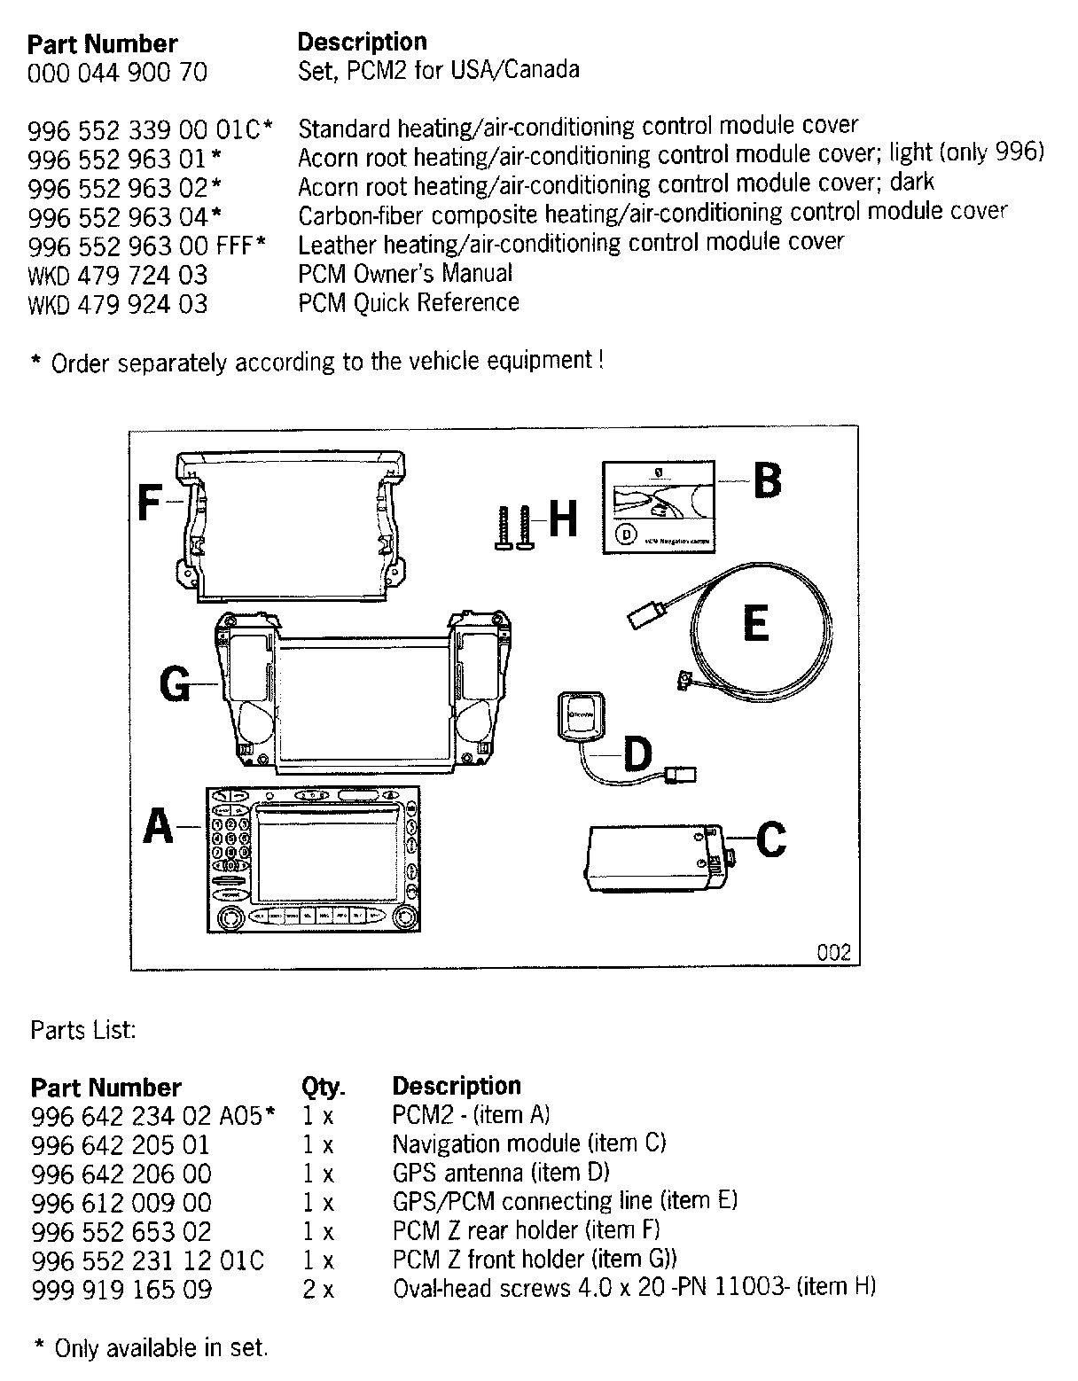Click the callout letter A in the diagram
[x=159, y=827]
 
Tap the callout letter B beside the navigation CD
[x=768, y=481]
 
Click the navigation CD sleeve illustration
[x=659, y=507]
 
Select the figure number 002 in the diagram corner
[x=833, y=953]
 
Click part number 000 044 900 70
[x=118, y=73]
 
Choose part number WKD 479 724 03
[x=118, y=274]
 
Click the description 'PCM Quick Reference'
[x=409, y=303]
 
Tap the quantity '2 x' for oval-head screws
[x=318, y=1289]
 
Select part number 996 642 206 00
[x=121, y=1174]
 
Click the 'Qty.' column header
[x=324, y=1087]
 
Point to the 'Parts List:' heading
[x=82, y=1030]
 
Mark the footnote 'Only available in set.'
[x=160, y=1348]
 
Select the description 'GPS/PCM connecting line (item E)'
[x=565, y=1202]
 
